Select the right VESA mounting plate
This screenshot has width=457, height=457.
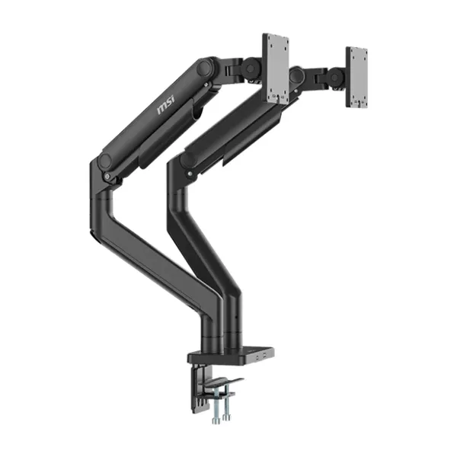click(x=356, y=75)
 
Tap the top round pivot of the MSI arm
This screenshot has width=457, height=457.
click(x=203, y=69)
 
